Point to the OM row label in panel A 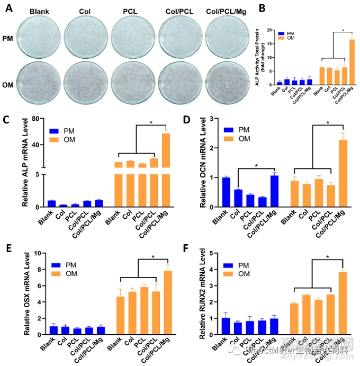point(9,82)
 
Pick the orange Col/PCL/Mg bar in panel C point(166,169)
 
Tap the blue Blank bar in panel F point(211,326)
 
